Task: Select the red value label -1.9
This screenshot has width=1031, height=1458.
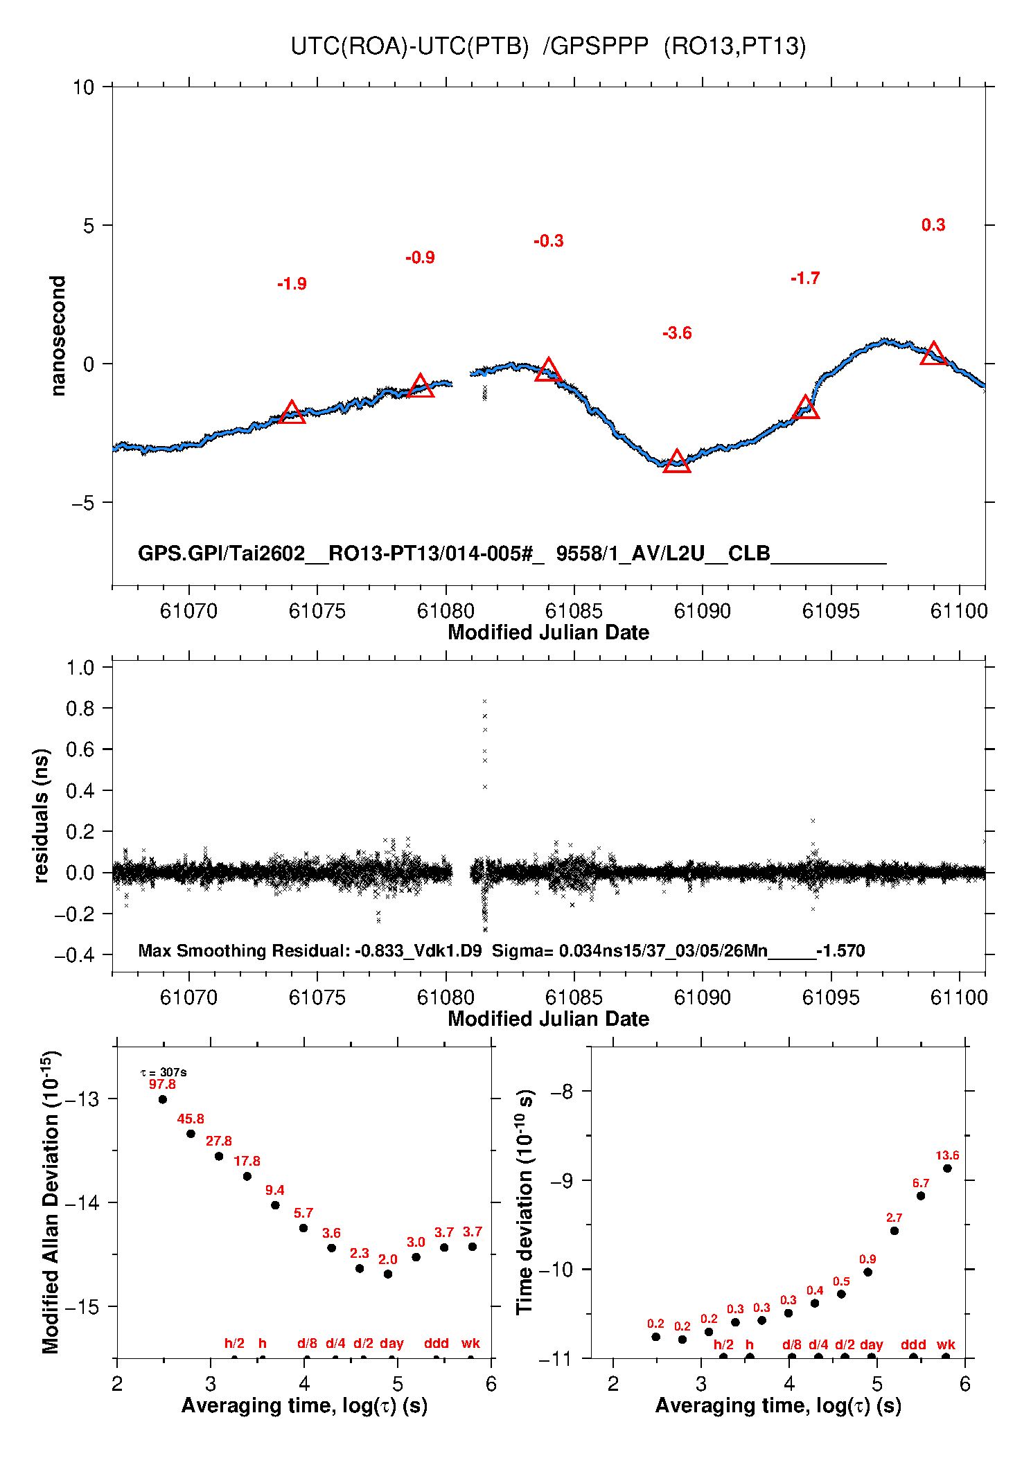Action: coord(292,284)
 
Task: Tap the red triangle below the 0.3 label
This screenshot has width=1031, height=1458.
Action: coord(933,354)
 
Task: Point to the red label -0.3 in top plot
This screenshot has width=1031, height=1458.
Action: coord(548,241)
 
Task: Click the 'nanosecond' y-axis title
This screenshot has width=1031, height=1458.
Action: coord(58,336)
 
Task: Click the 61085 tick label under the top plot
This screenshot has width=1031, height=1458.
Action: coord(574,611)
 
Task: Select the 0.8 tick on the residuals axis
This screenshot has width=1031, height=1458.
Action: coord(80,709)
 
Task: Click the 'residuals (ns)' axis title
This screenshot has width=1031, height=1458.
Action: coord(42,815)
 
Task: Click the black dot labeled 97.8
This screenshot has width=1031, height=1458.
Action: coord(163,1099)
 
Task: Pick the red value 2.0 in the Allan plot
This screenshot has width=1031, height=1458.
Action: coord(388,1260)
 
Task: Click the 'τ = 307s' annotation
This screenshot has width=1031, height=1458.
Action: coord(164,1073)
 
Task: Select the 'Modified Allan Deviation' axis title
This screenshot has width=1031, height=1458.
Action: coord(51,1202)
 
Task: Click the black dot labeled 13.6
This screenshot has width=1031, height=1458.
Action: coord(947,1168)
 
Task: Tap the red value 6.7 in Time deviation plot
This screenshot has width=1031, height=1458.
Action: coord(921,1184)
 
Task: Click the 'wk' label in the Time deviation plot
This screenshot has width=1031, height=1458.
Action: coord(946,1344)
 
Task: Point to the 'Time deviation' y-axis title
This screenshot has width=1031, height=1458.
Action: coord(525,1202)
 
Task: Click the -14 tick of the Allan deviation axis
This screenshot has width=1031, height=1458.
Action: coord(82,1203)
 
